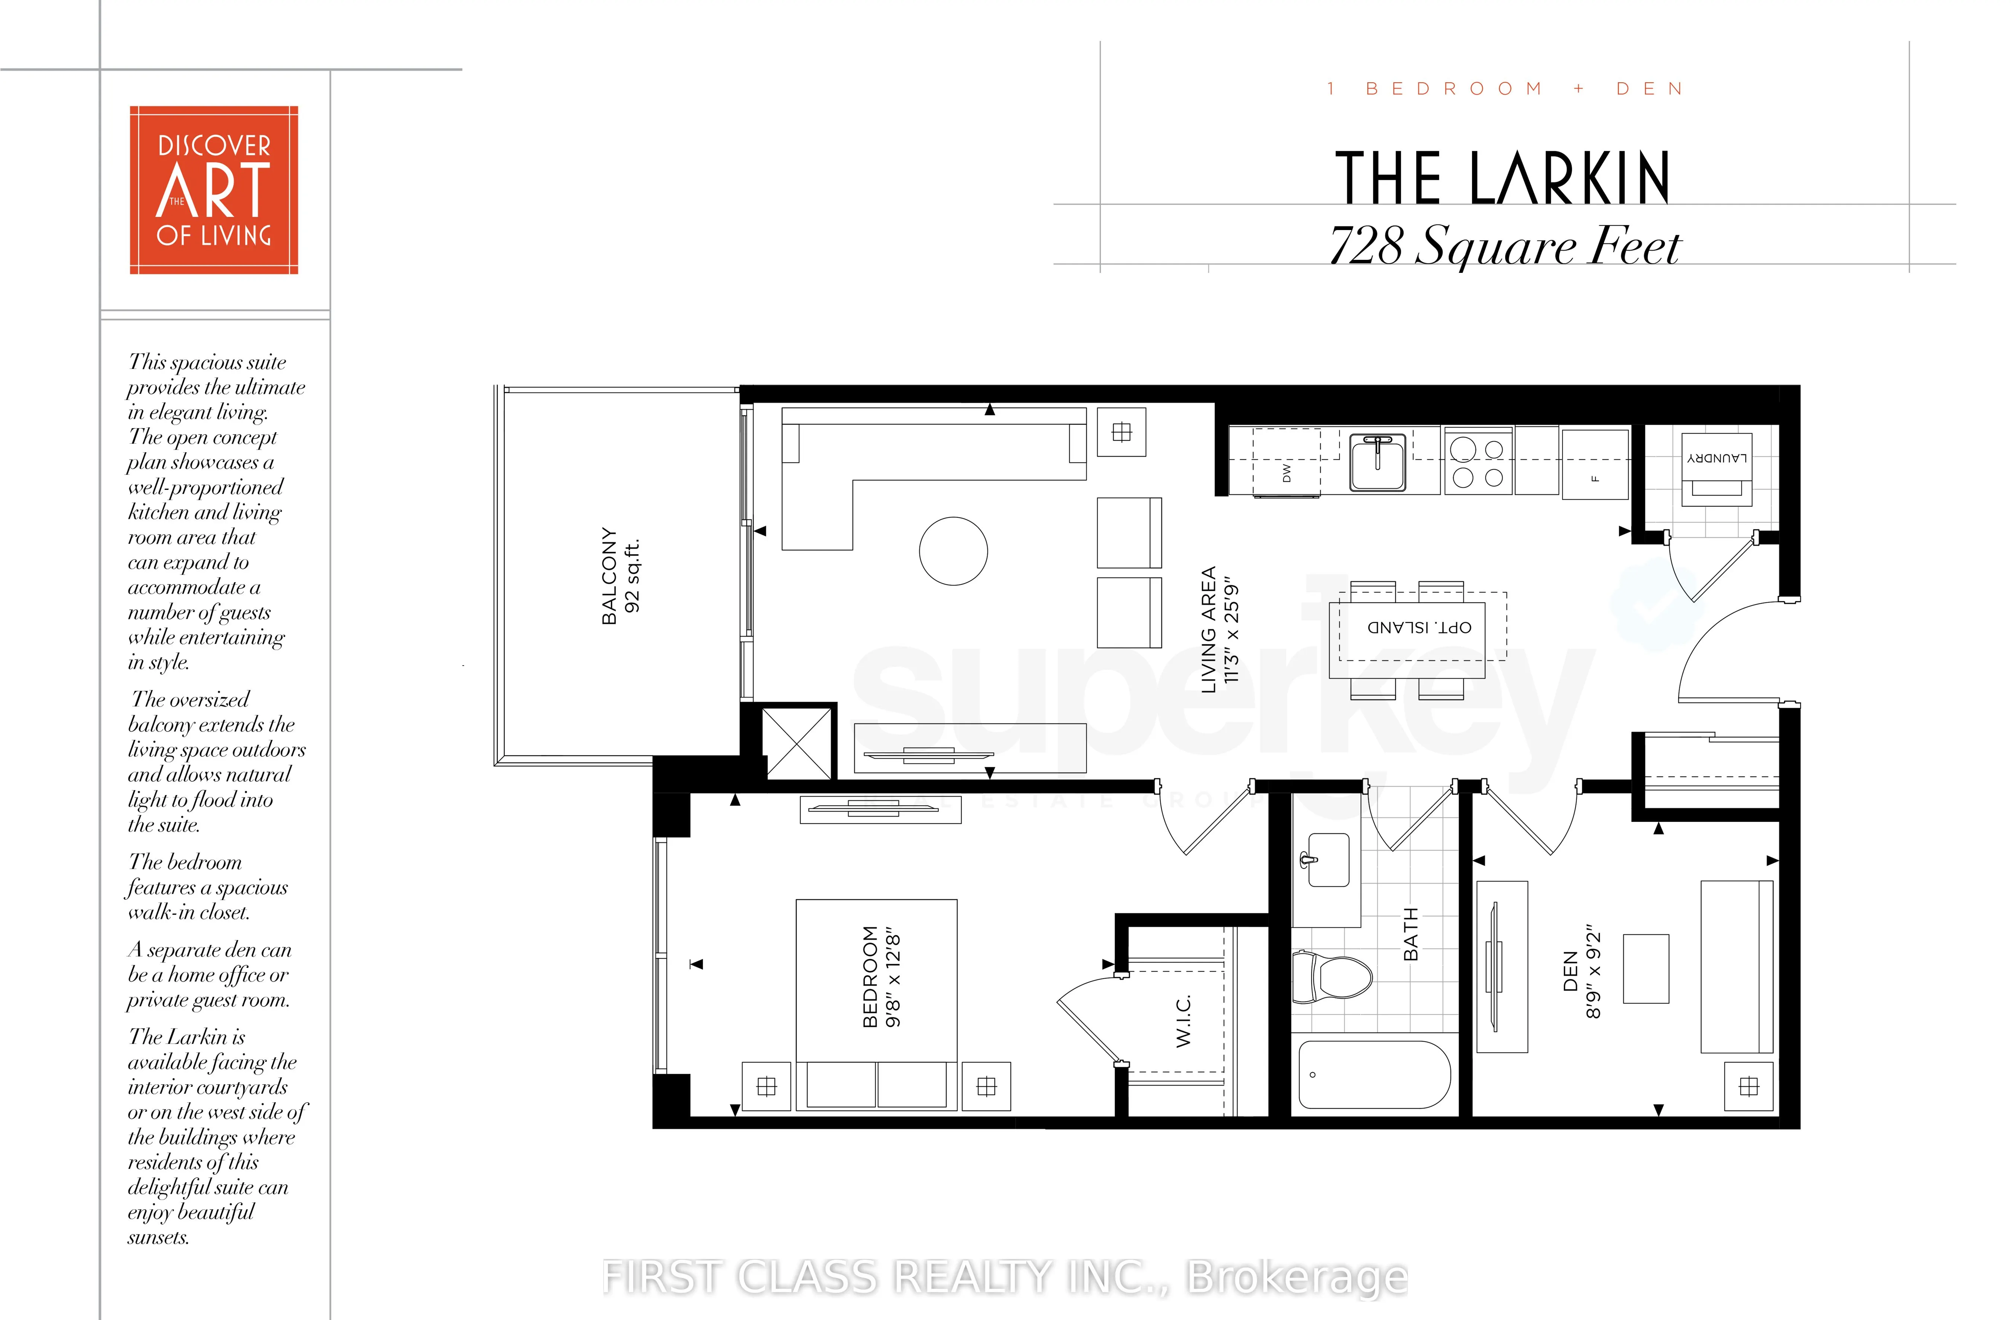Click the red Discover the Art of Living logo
tap(214, 190)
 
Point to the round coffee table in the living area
tap(953, 551)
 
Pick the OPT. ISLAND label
tap(1419, 627)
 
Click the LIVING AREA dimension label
tap(1219, 629)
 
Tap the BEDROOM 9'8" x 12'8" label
tap(881, 977)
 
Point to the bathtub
tap(1374, 1074)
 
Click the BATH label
tap(1410, 934)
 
